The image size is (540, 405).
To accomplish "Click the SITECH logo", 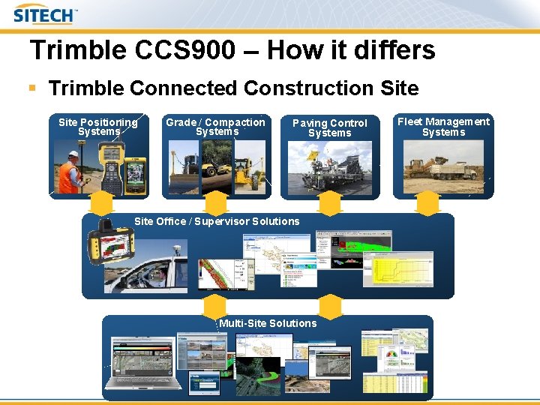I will (45, 14).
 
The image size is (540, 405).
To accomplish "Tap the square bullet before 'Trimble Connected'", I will (32, 88).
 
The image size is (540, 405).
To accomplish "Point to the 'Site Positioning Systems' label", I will (98, 127).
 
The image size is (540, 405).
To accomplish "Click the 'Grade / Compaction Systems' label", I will (216, 127).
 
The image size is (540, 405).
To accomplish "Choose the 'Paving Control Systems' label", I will (329, 127).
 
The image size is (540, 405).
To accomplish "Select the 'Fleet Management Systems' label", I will (443, 127).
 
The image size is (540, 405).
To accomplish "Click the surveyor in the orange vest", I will (71, 173).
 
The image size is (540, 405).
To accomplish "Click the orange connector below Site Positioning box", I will (101, 204).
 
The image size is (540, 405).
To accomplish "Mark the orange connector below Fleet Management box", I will (427, 204).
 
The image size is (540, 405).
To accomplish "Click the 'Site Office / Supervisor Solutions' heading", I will (217, 221).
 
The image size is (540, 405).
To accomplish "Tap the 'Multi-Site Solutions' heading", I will (268, 323).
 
